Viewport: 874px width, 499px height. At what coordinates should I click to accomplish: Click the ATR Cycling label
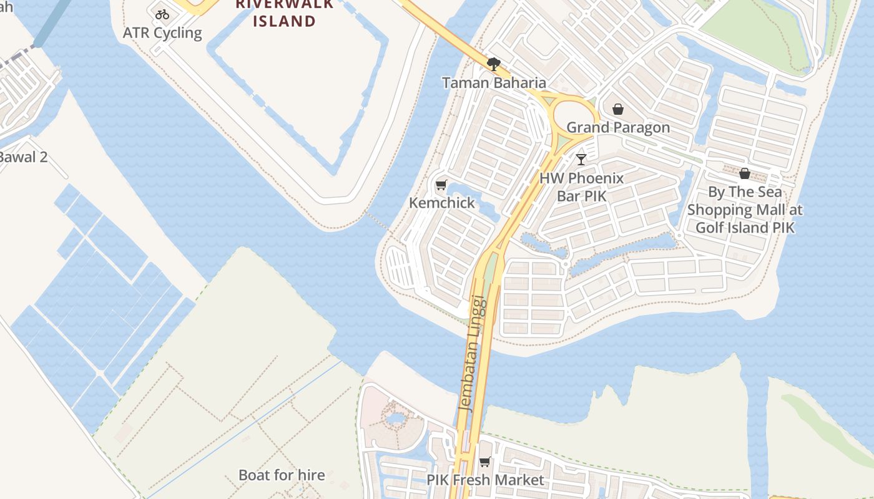tap(162, 33)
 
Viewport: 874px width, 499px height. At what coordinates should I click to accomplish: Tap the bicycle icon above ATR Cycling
tap(162, 14)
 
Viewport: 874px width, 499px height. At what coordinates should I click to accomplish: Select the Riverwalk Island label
tap(284, 13)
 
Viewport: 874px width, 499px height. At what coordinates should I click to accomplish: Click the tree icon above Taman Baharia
tap(494, 64)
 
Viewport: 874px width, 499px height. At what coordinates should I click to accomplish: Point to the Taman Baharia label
tap(494, 82)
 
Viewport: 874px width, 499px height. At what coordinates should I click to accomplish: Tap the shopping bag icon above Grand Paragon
tap(618, 110)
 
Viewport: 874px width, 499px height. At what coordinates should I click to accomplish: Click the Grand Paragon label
tap(618, 127)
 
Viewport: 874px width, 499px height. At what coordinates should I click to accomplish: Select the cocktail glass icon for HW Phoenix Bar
tap(581, 160)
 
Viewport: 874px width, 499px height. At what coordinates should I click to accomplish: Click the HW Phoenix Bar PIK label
tap(581, 187)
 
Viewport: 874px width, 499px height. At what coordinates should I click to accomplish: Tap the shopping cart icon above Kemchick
tap(441, 185)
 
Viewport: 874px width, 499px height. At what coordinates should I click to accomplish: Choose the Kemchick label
tap(442, 203)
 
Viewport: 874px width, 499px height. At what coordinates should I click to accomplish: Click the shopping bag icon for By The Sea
tap(745, 173)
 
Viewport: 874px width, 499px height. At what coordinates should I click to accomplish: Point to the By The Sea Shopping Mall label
tap(745, 210)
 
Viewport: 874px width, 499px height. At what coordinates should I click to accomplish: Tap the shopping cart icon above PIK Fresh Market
tap(485, 462)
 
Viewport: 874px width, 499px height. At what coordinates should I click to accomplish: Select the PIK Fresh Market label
tap(485, 480)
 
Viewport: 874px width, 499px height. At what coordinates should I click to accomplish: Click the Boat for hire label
tap(282, 475)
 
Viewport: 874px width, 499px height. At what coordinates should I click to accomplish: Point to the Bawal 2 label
tap(22, 157)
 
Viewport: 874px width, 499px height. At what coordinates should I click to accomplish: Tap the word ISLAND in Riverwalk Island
tap(284, 21)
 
